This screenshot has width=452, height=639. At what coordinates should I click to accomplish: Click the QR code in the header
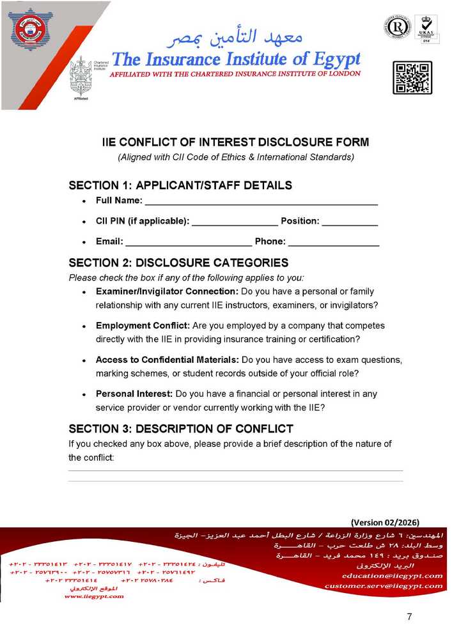[x=412, y=77]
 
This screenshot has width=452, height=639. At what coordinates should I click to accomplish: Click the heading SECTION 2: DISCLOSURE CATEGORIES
[x=178, y=263]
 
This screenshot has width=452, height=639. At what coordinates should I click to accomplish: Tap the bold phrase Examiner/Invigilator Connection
[x=167, y=291]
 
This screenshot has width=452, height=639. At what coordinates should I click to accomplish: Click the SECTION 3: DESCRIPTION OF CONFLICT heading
[x=181, y=428]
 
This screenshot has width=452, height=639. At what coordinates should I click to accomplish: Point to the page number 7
[x=409, y=617]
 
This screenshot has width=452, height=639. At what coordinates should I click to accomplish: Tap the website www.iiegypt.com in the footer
[x=94, y=596]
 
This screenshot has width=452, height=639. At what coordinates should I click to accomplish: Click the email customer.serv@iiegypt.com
[x=384, y=585]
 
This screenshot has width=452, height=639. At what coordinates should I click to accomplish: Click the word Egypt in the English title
[x=327, y=59]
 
